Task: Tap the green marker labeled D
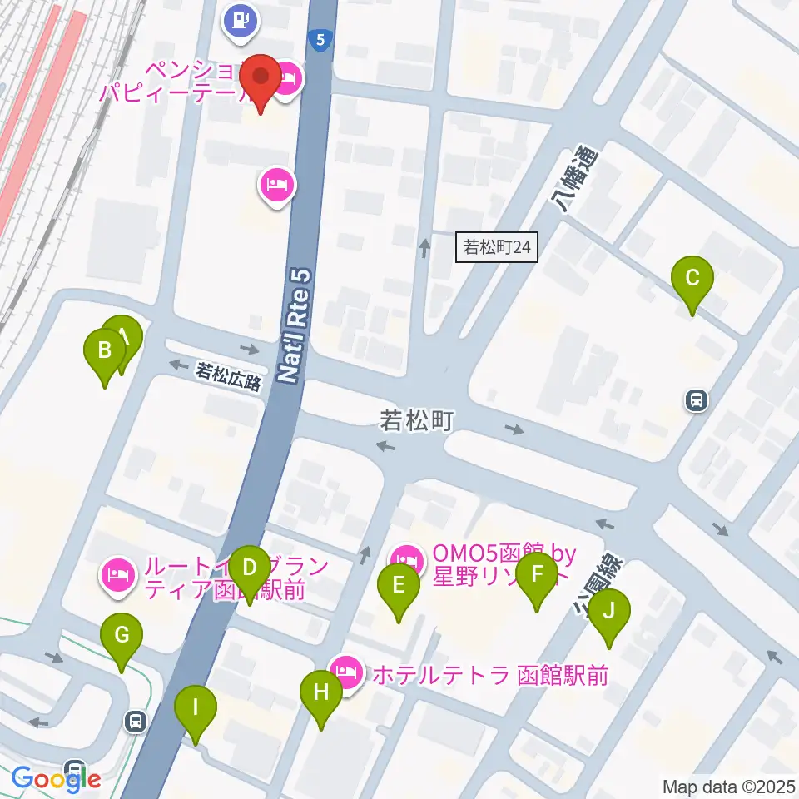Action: tap(249, 568)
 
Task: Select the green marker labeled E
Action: tap(399, 585)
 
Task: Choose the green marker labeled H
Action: tap(322, 692)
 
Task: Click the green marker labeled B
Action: tap(105, 350)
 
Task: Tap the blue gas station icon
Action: tap(241, 19)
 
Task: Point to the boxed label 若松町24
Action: tap(497, 247)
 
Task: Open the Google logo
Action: tap(57, 779)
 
